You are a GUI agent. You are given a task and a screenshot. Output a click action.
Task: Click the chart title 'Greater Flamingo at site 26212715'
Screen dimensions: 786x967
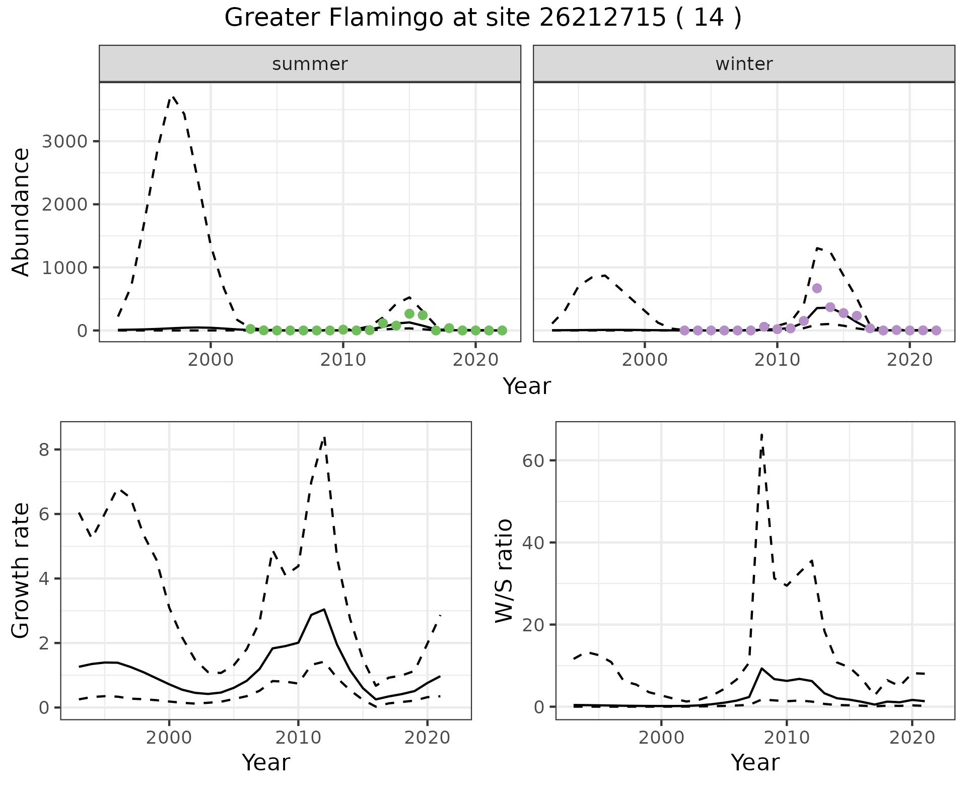tap(482, 18)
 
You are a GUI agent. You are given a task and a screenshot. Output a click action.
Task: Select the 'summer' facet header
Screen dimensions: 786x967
tap(310, 64)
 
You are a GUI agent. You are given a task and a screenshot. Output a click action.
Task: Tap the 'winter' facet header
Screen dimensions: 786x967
tap(744, 64)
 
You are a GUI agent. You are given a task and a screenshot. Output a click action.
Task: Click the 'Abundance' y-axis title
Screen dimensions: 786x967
tap(21, 212)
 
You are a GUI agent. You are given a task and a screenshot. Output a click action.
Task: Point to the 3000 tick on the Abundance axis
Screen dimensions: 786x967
tap(65, 141)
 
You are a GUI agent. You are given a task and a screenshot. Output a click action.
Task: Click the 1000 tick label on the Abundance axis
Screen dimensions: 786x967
tap(65, 268)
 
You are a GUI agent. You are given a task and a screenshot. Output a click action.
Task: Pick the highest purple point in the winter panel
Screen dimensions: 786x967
tap(817, 288)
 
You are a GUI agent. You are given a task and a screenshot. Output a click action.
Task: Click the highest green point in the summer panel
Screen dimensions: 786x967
tap(409, 313)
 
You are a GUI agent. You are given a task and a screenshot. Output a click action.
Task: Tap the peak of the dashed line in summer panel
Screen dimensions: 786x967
tap(173, 96)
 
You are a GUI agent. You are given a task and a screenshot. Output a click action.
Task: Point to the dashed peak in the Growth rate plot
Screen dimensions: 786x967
tap(325, 437)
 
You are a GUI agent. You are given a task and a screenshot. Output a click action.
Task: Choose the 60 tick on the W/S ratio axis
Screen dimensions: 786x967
tap(534, 461)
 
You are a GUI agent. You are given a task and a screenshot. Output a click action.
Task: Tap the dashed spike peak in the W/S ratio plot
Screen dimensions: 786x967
tap(762, 434)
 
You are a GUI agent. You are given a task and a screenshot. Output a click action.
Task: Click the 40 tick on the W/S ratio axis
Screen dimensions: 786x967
tap(534, 543)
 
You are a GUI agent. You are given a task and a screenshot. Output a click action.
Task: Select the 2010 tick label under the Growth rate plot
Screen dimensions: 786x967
tap(298, 738)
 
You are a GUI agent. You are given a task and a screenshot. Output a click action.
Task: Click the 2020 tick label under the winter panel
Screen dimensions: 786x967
tap(909, 361)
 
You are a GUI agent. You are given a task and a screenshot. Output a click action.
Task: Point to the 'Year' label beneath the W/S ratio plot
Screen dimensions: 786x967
tap(755, 763)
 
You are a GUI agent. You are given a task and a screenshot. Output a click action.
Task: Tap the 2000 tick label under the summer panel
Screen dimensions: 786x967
tap(211, 361)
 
